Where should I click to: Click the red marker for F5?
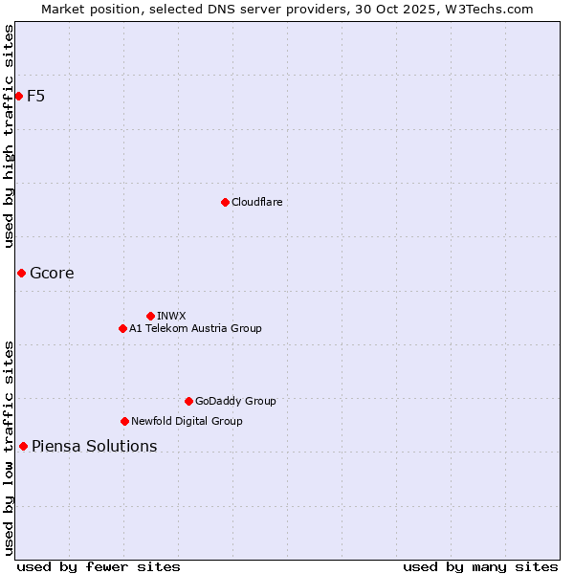[x=18, y=96]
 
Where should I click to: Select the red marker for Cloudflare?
[x=225, y=202]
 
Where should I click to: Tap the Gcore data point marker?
[x=21, y=273]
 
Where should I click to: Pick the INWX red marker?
[x=150, y=316]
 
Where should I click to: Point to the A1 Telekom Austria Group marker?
[x=122, y=328]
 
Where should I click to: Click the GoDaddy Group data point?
[x=188, y=401]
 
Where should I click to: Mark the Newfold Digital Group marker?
[x=124, y=421]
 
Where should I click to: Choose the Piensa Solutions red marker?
[x=23, y=446]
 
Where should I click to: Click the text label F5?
[x=36, y=96]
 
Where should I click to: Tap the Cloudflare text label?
[x=256, y=202]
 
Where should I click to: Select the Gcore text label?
[x=52, y=273]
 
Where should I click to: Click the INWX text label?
[x=171, y=316]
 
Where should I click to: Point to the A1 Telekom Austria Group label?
[x=195, y=328]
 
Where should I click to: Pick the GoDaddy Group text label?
[x=235, y=401]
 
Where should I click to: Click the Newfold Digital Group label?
[x=187, y=421]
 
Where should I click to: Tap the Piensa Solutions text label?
[x=94, y=446]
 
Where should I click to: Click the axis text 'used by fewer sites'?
[x=99, y=566]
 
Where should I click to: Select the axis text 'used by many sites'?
[x=480, y=566]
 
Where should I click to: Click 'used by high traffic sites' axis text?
[x=10, y=136]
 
